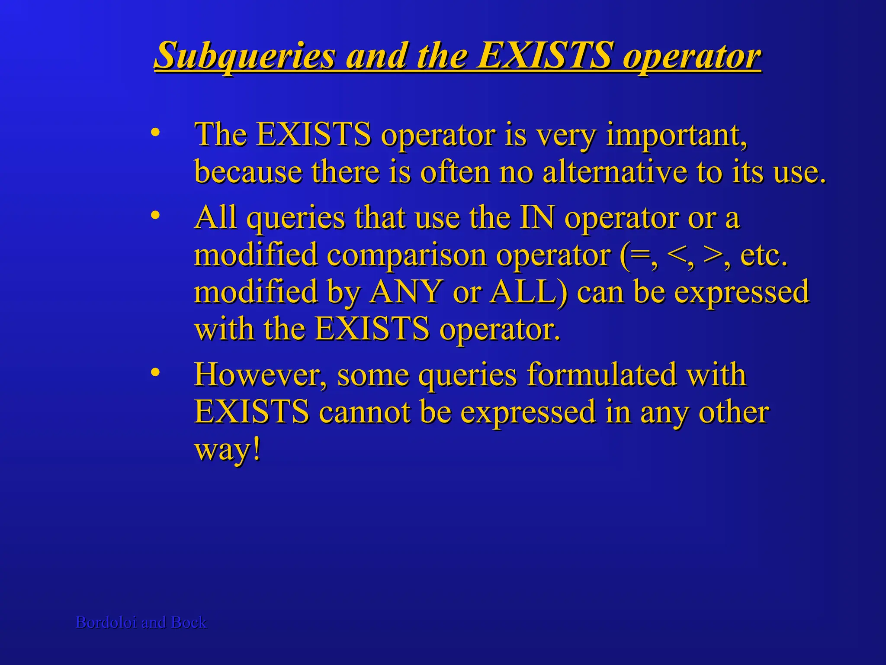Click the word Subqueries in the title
point(244,55)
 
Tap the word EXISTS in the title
point(544,55)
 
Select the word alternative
point(614,172)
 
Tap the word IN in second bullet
point(536,217)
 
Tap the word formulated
point(601,375)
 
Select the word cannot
point(364,412)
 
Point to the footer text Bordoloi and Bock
point(141,622)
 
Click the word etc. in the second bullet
point(764,255)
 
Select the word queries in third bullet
point(467,375)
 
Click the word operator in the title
point(691,55)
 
